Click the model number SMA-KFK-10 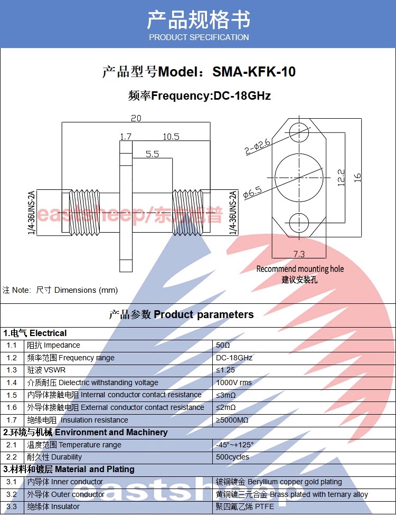coord(254,72)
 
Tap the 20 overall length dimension coord(136,118)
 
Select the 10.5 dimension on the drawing coord(171,137)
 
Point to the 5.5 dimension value coord(152,154)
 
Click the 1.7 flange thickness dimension coord(125,137)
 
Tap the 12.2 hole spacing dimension coord(341,177)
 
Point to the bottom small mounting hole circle coord(299,222)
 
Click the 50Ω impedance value coord(223,346)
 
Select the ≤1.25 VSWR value coord(225,370)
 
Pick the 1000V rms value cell coord(233,382)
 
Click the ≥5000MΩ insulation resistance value coord(232,420)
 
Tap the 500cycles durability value coord(232,457)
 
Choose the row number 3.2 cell coord(12,494)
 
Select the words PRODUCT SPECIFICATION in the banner coord(199,37)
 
